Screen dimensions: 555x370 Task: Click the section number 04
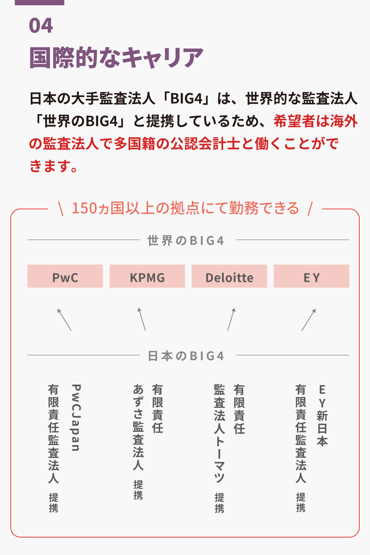(41, 26)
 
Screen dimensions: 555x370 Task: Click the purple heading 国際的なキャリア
(116, 58)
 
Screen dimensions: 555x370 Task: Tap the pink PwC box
(65, 276)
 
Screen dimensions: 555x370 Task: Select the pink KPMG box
(147, 276)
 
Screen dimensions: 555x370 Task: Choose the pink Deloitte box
(229, 276)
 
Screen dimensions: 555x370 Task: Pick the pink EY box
(312, 276)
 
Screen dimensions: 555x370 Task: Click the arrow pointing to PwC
(64, 319)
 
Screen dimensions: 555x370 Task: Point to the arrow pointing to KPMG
(142, 319)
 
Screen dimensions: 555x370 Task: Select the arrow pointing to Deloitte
(231, 319)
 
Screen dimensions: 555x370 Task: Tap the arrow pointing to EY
(309, 319)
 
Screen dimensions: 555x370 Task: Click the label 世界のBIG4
(186, 240)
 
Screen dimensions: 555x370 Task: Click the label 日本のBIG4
(186, 356)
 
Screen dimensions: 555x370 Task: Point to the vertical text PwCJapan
(76, 418)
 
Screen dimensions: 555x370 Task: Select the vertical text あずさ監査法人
(138, 427)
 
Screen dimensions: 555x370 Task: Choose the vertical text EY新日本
(322, 416)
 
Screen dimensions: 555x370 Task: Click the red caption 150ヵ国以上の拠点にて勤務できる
(185, 208)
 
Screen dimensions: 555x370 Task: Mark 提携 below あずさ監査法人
(138, 490)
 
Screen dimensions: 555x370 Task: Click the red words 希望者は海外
(316, 121)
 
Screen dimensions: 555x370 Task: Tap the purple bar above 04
(40, 2)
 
